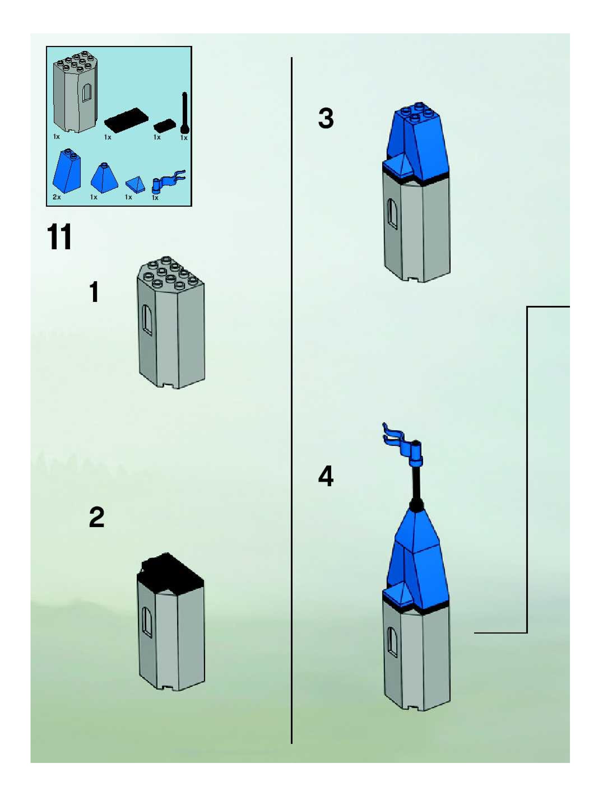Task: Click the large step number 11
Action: pos(59,237)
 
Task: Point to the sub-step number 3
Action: pos(326,118)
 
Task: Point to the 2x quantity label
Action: pos(57,197)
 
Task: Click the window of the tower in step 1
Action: pos(147,319)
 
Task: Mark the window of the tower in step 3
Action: pos(392,213)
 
